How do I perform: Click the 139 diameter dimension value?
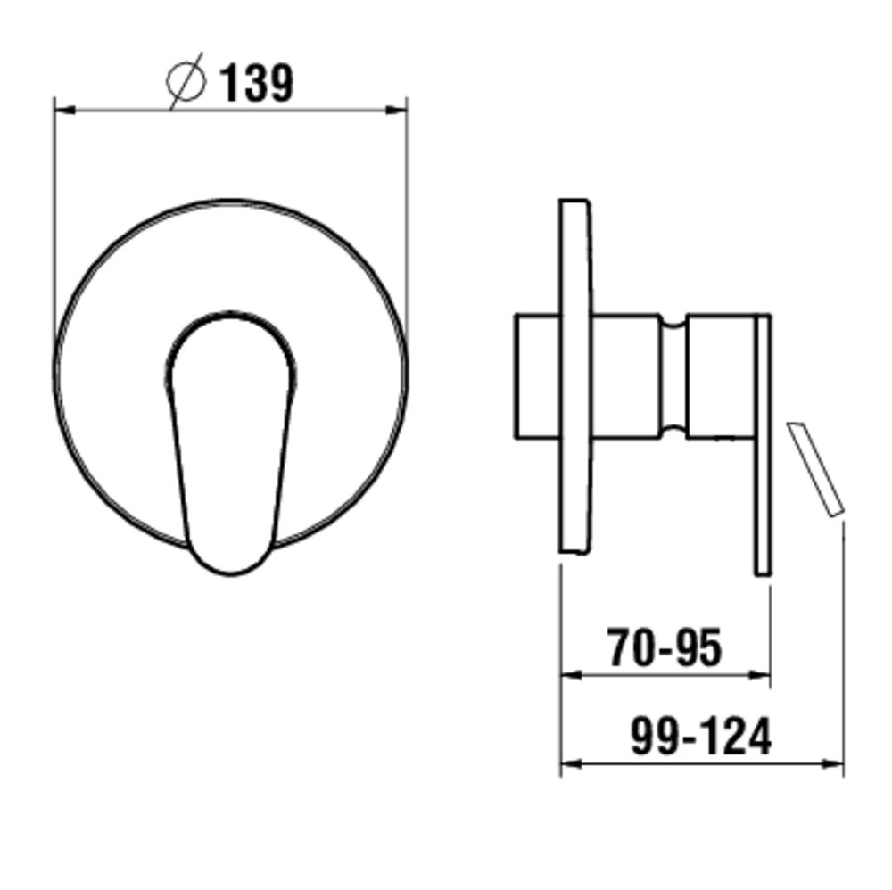[257, 83]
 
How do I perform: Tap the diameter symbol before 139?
[186, 81]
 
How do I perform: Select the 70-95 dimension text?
[665, 647]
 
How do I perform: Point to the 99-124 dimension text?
[701, 736]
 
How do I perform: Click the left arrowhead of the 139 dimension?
[65, 110]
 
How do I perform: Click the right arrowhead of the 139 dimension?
[396, 110]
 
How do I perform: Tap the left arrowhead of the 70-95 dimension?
[571, 674]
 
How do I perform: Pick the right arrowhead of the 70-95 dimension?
[759, 674]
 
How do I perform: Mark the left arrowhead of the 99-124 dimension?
[571, 763]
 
